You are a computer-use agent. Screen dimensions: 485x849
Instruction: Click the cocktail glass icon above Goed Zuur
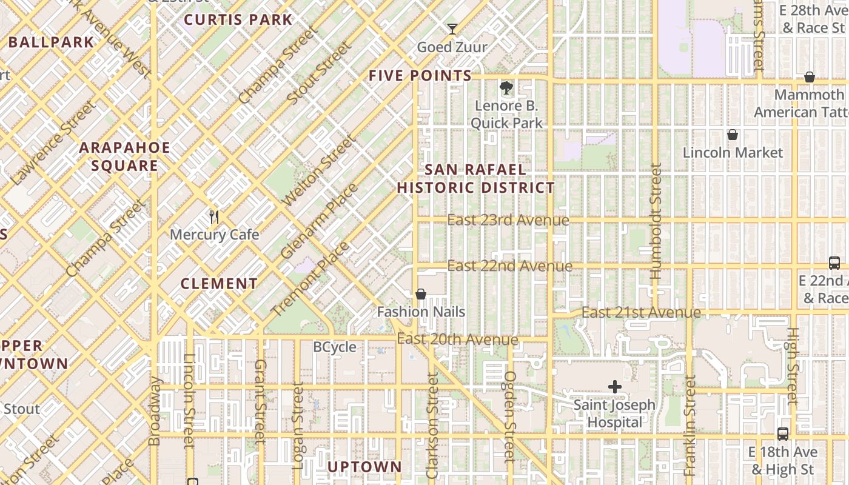[x=452, y=28]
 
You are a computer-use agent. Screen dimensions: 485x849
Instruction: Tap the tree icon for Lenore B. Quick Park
[x=506, y=88]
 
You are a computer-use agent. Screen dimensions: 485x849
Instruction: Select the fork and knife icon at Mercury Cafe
[x=213, y=216]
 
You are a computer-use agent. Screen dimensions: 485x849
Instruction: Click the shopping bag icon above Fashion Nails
[x=421, y=294]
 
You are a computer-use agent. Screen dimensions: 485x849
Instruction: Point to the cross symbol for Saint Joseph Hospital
[x=615, y=387]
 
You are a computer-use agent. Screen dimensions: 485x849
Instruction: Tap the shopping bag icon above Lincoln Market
[x=733, y=135]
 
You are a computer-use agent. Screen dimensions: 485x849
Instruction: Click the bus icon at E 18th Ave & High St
[x=783, y=434]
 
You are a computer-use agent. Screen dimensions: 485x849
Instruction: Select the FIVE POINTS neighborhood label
[x=420, y=76]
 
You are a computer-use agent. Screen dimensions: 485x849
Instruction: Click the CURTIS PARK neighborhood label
[x=238, y=19]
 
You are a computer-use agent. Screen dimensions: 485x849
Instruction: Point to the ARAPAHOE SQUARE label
[x=125, y=156]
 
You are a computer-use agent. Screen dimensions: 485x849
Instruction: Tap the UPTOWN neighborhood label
[x=364, y=467]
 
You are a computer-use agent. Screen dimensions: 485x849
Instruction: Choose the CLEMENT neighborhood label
[x=219, y=284]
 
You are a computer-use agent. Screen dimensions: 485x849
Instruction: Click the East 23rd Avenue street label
[x=508, y=220]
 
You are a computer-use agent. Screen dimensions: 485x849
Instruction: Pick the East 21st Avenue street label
[x=641, y=312]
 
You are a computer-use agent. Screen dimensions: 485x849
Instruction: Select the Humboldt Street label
[x=656, y=221]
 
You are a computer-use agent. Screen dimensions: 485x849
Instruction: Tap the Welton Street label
[x=319, y=172]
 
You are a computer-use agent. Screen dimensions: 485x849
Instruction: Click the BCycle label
[x=334, y=347]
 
